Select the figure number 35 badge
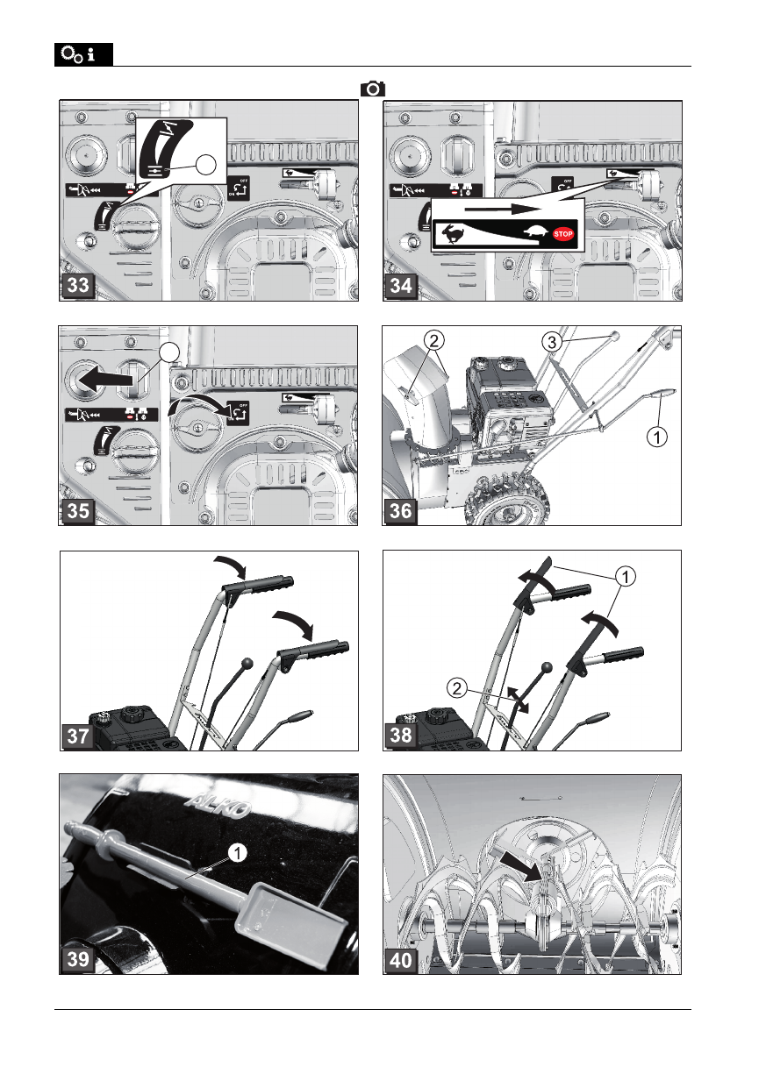coord(78,510)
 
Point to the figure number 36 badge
coord(401,510)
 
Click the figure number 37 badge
coord(78,735)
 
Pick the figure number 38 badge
coord(401,735)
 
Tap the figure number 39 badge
coord(78,959)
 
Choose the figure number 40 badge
coord(401,959)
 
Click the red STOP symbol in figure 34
coord(564,234)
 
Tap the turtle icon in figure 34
coord(536,233)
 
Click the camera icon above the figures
coord(372,89)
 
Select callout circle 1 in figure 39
coord(235,850)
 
